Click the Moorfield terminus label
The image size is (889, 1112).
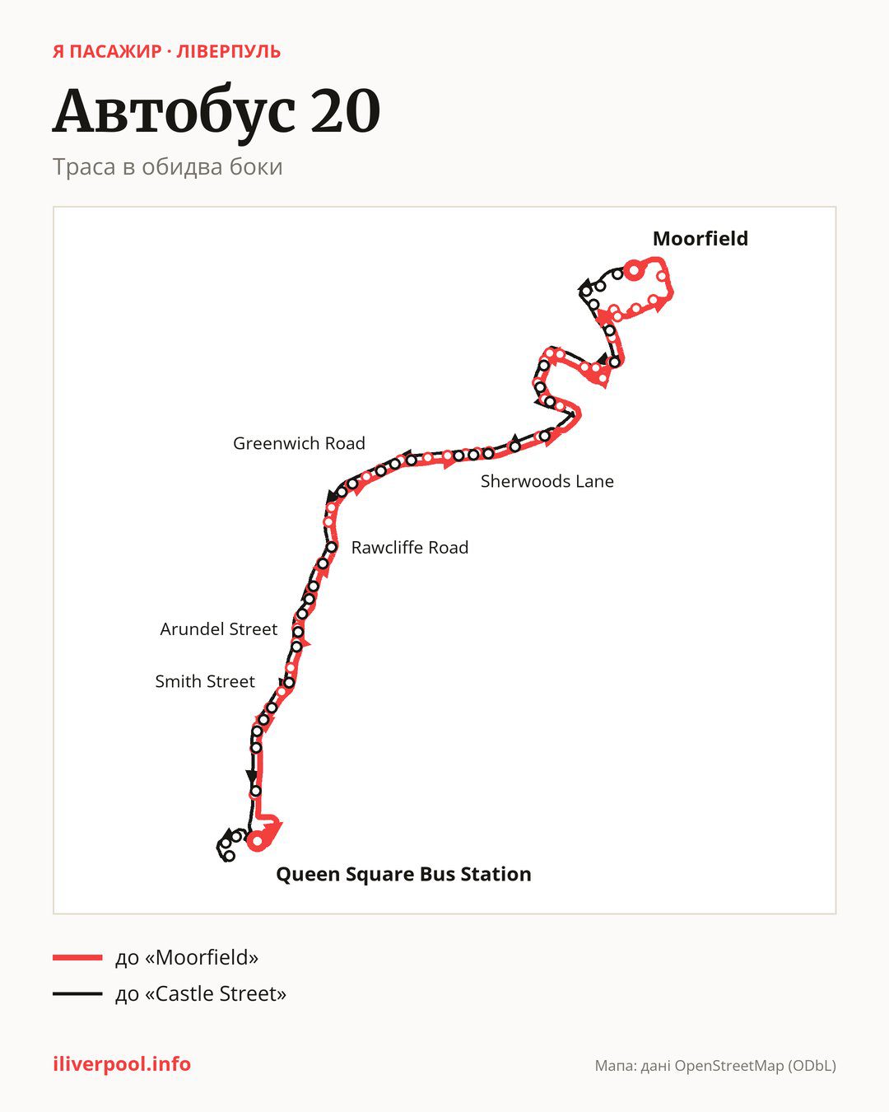click(700, 239)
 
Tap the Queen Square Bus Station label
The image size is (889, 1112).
click(403, 874)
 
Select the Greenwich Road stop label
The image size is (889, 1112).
click(299, 443)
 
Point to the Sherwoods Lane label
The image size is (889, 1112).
click(547, 482)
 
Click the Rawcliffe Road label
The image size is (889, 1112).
click(410, 548)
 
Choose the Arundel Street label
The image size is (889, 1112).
click(218, 629)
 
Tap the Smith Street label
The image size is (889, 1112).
click(205, 681)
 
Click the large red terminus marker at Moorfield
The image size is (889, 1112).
click(634, 270)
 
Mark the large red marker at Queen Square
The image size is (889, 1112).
click(257, 841)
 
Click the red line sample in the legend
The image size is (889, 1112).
click(77, 958)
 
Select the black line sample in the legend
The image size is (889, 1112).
click(77, 993)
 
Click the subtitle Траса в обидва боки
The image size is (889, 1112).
click(168, 167)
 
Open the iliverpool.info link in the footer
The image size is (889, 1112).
click(122, 1064)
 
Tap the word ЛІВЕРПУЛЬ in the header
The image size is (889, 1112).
click(228, 52)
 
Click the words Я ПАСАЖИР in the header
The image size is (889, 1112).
click(107, 52)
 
